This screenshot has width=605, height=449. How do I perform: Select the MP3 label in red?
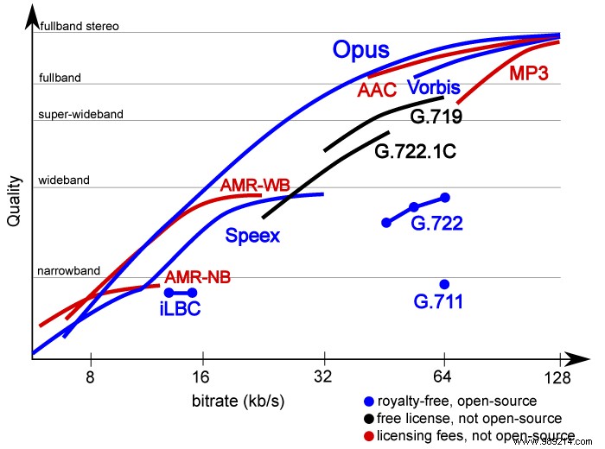[x=532, y=74]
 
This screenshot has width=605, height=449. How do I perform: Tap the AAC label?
[x=379, y=91]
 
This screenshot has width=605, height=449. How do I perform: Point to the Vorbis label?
[x=433, y=88]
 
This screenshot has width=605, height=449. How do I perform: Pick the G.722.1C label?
[x=415, y=152]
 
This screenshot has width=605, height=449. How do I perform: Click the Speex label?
[x=252, y=235]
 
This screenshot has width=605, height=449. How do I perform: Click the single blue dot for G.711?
[x=444, y=284]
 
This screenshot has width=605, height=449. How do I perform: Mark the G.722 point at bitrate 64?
[x=444, y=198]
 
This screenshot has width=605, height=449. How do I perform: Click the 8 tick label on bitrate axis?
[x=90, y=376]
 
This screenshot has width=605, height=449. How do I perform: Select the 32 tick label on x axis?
[x=323, y=376]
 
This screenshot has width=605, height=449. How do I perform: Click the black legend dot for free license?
[x=369, y=419]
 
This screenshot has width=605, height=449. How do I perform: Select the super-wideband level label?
[x=80, y=114]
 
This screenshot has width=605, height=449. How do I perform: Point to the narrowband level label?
[x=68, y=271]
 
